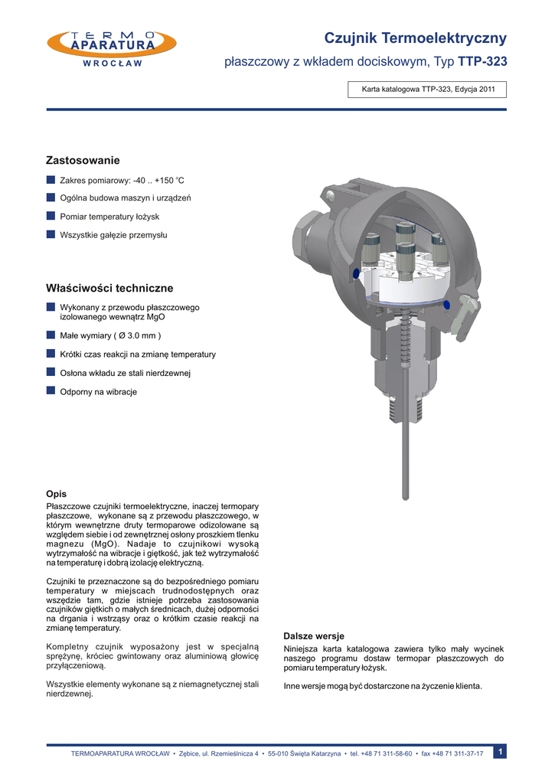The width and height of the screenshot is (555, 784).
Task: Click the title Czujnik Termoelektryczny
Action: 415,38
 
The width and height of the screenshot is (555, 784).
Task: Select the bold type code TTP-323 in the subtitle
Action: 482,61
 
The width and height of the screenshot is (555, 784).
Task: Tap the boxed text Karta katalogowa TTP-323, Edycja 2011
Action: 428,90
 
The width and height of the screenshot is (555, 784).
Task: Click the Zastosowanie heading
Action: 83,161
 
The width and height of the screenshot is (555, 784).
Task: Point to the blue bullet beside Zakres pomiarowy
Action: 51,180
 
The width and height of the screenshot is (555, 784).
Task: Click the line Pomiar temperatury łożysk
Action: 109,217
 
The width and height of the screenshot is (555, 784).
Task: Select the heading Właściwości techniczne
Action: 109,289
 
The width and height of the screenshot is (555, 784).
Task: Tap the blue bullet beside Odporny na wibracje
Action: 51,391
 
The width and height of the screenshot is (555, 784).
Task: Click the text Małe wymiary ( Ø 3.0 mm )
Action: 110,335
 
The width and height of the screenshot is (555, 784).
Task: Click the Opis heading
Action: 57,494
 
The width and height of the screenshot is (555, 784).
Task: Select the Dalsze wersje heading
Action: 314,636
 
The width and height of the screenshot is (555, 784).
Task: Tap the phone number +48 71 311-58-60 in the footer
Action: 387,754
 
